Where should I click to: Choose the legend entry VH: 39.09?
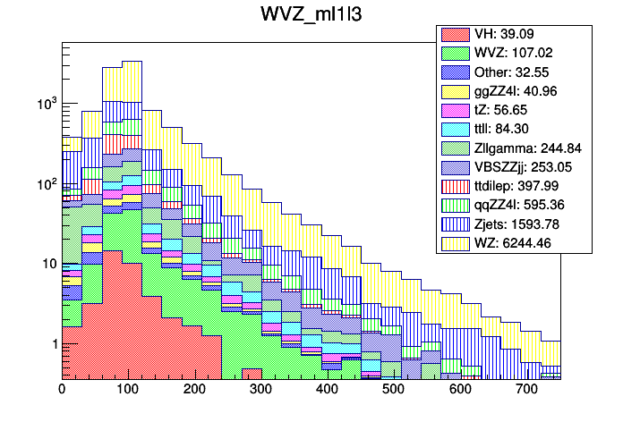[508, 34]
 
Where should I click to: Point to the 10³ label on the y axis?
[45, 104]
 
